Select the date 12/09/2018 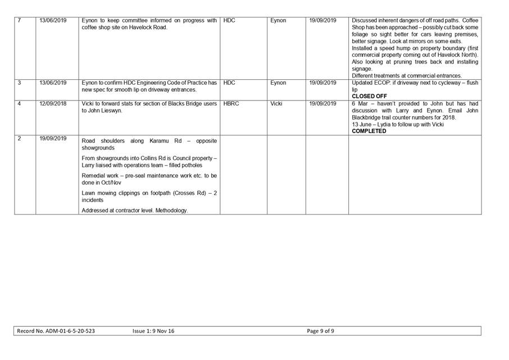coord(53,104)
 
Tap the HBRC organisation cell coord(231,104)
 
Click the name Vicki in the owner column coord(276,104)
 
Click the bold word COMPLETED coord(369,131)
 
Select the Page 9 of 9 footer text coord(321,331)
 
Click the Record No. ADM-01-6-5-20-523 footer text coord(56,331)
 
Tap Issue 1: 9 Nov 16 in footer coord(153,331)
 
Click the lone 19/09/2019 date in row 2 coord(53,138)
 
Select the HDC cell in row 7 coord(229,21)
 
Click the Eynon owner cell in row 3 coord(278,83)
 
